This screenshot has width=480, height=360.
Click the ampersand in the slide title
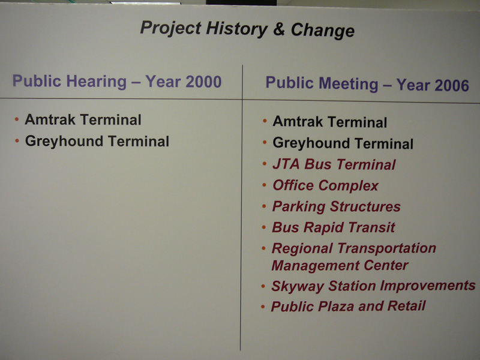(278, 29)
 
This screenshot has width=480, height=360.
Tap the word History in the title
(236, 29)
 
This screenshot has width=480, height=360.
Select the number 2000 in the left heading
(203, 82)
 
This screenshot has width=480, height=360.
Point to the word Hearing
(97, 82)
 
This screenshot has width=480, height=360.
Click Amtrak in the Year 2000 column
(50, 119)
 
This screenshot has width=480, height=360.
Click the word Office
(293, 185)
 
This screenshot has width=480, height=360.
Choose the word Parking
(298, 206)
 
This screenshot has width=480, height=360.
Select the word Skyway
(298, 287)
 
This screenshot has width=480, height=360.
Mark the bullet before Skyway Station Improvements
(263, 287)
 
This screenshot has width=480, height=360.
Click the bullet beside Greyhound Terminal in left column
(17, 141)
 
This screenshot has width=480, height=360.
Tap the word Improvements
(428, 286)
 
